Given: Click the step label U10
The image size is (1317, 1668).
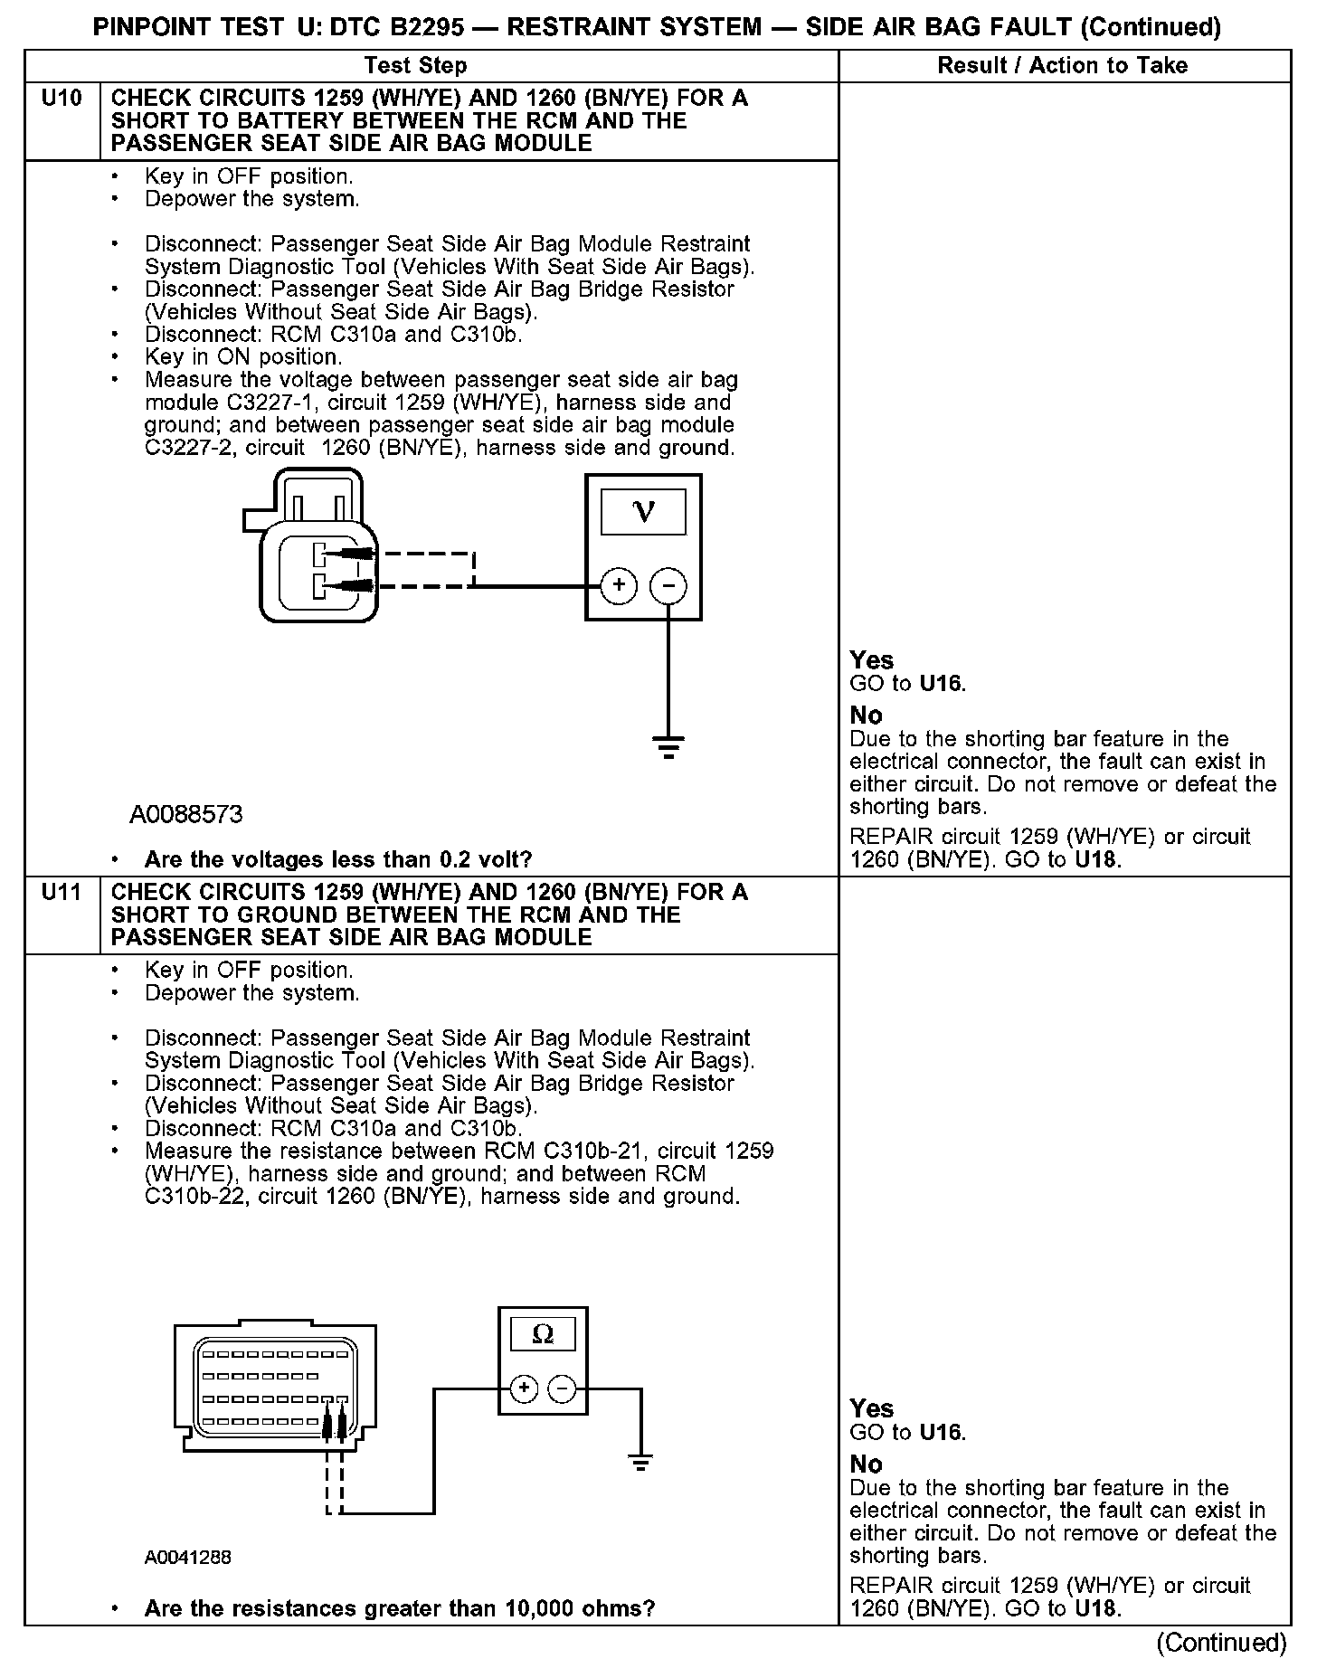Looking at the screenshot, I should tap(62, 99).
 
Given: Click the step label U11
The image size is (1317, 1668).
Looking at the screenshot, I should tap(62, 893).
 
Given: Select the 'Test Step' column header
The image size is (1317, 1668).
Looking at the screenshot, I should tap(415, 66).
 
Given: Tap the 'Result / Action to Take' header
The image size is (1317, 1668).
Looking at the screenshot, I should tap(1062, 66).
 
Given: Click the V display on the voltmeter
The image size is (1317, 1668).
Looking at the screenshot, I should tap(643, 512).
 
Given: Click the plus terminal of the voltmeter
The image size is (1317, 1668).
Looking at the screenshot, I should tap(619, 585).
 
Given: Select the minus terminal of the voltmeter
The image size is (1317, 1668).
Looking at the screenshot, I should tap(668, 585).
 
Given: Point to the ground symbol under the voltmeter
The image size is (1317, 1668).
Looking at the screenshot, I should tap(668, 746).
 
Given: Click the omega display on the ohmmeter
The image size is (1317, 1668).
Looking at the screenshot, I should tap(543, 1334).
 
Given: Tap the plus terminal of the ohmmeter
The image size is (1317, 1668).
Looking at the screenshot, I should tap(524, 1388).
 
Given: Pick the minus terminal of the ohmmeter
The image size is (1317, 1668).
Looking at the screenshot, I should tap(563, 1388).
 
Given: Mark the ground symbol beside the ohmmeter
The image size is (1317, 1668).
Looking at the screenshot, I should tap(640, 1463).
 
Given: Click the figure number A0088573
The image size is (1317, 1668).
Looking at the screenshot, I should tap(186, 815).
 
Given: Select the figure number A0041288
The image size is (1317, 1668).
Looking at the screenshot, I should tap(187, 1558).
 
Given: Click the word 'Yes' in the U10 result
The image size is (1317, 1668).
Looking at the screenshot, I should tap(871, 660).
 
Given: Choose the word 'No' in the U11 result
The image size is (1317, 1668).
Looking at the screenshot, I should tap(866, 1464).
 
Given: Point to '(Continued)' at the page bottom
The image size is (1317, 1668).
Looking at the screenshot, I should tap(1220, 1642).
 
